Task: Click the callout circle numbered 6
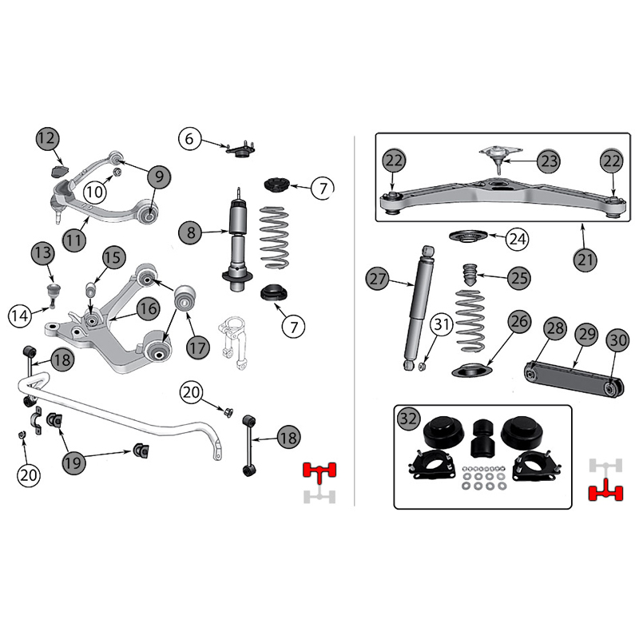click(189, 139)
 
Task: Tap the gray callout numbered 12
click(47, 139)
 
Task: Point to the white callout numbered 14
click(22, 315)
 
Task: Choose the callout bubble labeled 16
click(146, 308)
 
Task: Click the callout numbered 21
click(585, 258)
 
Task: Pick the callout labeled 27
click(377, 280)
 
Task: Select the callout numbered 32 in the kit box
click(408, 419)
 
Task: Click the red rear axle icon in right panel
click(605, 491)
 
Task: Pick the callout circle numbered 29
click(585, 335)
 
